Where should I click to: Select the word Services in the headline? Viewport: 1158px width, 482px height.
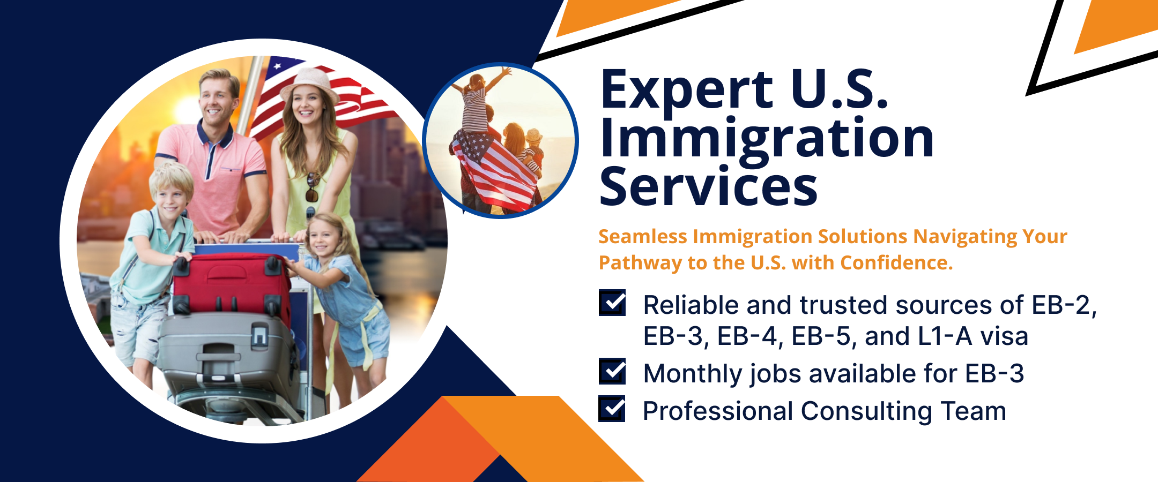pyautogui.click(x=708, y=186)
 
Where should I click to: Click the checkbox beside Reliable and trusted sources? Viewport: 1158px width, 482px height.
pyautogui.click(x=612, y=303)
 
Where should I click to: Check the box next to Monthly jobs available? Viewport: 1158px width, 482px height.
pyautogui.click(x=612, y=371)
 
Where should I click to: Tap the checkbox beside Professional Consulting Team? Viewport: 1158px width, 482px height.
pyautogui.click(x=612, y=409)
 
